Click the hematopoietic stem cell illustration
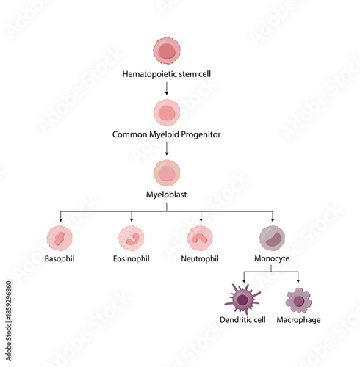[x=167, y=51]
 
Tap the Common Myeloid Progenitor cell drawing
[x=167, y=112]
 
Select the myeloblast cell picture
[x=167, y=173]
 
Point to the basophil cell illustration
[x=60, y=239]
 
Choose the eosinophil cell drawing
[x=132, y=239]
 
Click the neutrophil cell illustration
[x=201, y=239]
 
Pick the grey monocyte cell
[x=273, y=239]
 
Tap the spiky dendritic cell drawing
[x=242, y=299]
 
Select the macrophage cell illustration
[x=298, y=299]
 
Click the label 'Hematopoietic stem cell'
[x=167, y=74]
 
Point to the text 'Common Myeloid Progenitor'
[x=167, y=135]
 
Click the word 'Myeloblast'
[x=167, y=195]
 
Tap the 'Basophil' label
[x=60, y=260]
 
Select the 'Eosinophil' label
[x=132, y=260]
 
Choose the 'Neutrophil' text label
[x=201, y=260]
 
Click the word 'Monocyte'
[x=273, y=260]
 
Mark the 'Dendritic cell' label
[x=242, y=321]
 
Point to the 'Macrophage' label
[x=298, y=321]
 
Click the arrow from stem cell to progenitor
[x=167, y=88]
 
